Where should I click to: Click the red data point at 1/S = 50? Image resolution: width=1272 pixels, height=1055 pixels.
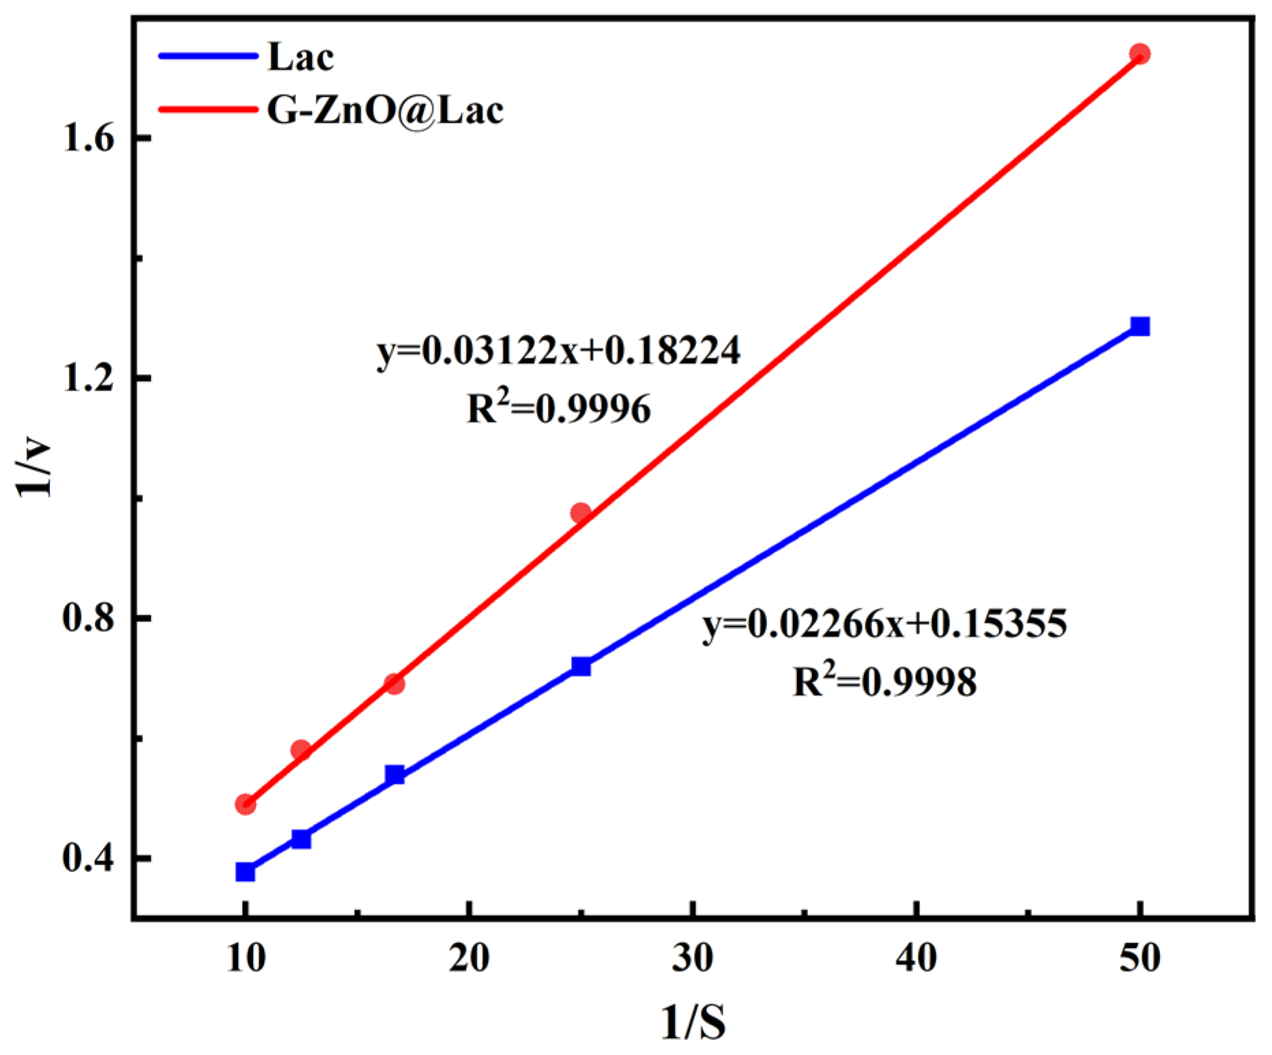tap(1139, 54)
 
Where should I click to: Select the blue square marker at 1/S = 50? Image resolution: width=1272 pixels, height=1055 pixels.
tap(1139, 326)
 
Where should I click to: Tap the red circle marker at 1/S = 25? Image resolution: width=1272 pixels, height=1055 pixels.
tap(581, 513)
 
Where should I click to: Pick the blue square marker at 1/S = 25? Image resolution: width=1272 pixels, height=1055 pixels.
tap(581, 666)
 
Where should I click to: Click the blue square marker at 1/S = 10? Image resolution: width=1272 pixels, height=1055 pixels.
tap(245, 872)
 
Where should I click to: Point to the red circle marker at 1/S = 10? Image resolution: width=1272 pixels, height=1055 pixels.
tap(245, 804)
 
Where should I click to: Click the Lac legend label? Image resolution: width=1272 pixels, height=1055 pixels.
tap(300, 57)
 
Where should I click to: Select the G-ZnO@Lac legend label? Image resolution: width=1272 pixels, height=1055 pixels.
tap(385, 110)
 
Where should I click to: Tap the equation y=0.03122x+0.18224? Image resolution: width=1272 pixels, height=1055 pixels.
tap(558, 351)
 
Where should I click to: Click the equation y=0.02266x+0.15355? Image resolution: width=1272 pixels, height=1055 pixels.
tap(884, 623)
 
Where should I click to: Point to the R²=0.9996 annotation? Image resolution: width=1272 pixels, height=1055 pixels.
tap(558, 409)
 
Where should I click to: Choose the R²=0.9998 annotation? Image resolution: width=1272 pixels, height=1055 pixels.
tap(884, 681)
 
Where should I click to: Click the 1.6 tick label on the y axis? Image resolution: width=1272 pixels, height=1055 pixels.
tap(88, 139)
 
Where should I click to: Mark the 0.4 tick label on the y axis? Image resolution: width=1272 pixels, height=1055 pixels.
tap(88, 858)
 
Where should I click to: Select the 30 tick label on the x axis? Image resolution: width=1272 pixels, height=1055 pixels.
tap(693, 958)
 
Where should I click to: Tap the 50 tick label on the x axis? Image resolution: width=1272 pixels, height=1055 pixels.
tap(1140, 958)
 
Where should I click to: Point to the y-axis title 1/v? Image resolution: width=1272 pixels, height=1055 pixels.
tap(34, 470)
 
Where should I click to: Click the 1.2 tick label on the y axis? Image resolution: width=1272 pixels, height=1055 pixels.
tap(88, 378)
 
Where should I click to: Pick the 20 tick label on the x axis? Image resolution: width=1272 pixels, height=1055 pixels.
tap(469, 958)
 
